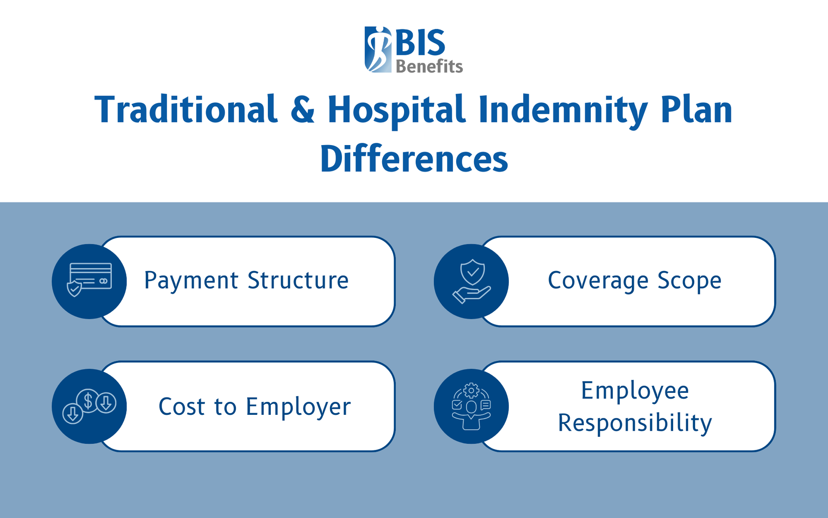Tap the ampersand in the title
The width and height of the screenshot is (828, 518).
pyautogui.click(x=302, y=111)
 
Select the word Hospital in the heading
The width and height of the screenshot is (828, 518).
pyautogui.click(x=396, y=111)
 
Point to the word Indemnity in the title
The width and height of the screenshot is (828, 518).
pyautogui.click(x=563, y=111)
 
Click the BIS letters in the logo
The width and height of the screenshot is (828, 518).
pyautogui.click(x=420, y=43)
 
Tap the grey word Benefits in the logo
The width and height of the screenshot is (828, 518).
pyautogui.click(x=429, y=66)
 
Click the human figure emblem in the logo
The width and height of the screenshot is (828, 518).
pyautogui.click(x=378, y=49)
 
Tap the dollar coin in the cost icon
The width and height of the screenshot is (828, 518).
pyautogui.click(x=88, y=401)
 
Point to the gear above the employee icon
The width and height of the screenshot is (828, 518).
pyautogui.click(x=471, y=391)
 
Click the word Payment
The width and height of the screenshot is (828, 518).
pyautogui.click(x=191, y=281)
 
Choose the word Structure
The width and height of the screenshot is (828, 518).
pyautogui.click(x=298, y=281)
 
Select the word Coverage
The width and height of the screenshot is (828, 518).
pyautogui.click(x=598, y=281)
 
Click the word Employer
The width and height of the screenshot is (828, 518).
pyautogui.click(x=298, y=407)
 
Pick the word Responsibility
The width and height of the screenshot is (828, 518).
pyautogui.click(x=635, y=423)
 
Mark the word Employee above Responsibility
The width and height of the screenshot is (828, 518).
pyautogui.click(x=635, y=391)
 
